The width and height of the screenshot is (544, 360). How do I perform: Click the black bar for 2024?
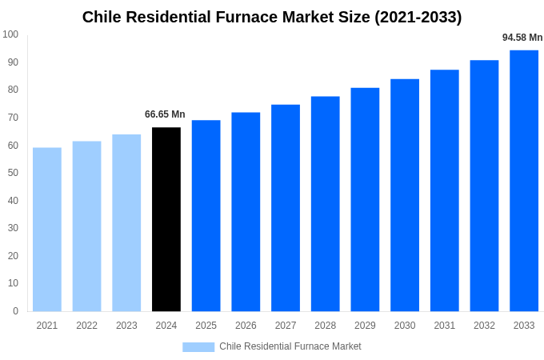[166, 219]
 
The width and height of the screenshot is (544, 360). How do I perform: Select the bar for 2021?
[47, 230]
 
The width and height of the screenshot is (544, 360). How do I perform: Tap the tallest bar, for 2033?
[524, 181]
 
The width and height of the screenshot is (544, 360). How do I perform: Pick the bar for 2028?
[326, 204]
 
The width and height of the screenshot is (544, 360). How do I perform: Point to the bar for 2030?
[405, 195]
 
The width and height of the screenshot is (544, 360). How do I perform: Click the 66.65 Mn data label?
[165, 114]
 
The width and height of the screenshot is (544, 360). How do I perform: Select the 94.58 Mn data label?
[522, 38]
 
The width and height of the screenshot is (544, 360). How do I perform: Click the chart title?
[272, 17]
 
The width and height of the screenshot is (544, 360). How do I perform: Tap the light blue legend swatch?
[198, 346]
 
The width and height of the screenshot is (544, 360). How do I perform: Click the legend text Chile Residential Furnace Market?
[290, 346]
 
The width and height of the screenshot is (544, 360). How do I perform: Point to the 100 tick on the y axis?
[10, 34]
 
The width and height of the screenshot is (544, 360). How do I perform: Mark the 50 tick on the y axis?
[13, 173]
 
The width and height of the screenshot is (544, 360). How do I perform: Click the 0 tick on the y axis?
[15, 311]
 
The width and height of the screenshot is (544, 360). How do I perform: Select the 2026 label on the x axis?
[246, 326]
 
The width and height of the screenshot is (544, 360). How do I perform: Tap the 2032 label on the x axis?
[484, 326]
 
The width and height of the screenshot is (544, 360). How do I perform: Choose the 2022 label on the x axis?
[86, 326]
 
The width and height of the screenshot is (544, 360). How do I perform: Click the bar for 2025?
[206, 216]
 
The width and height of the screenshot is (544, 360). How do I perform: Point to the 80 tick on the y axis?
[13, 90]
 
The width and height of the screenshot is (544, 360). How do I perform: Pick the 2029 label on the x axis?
[365, 326]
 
